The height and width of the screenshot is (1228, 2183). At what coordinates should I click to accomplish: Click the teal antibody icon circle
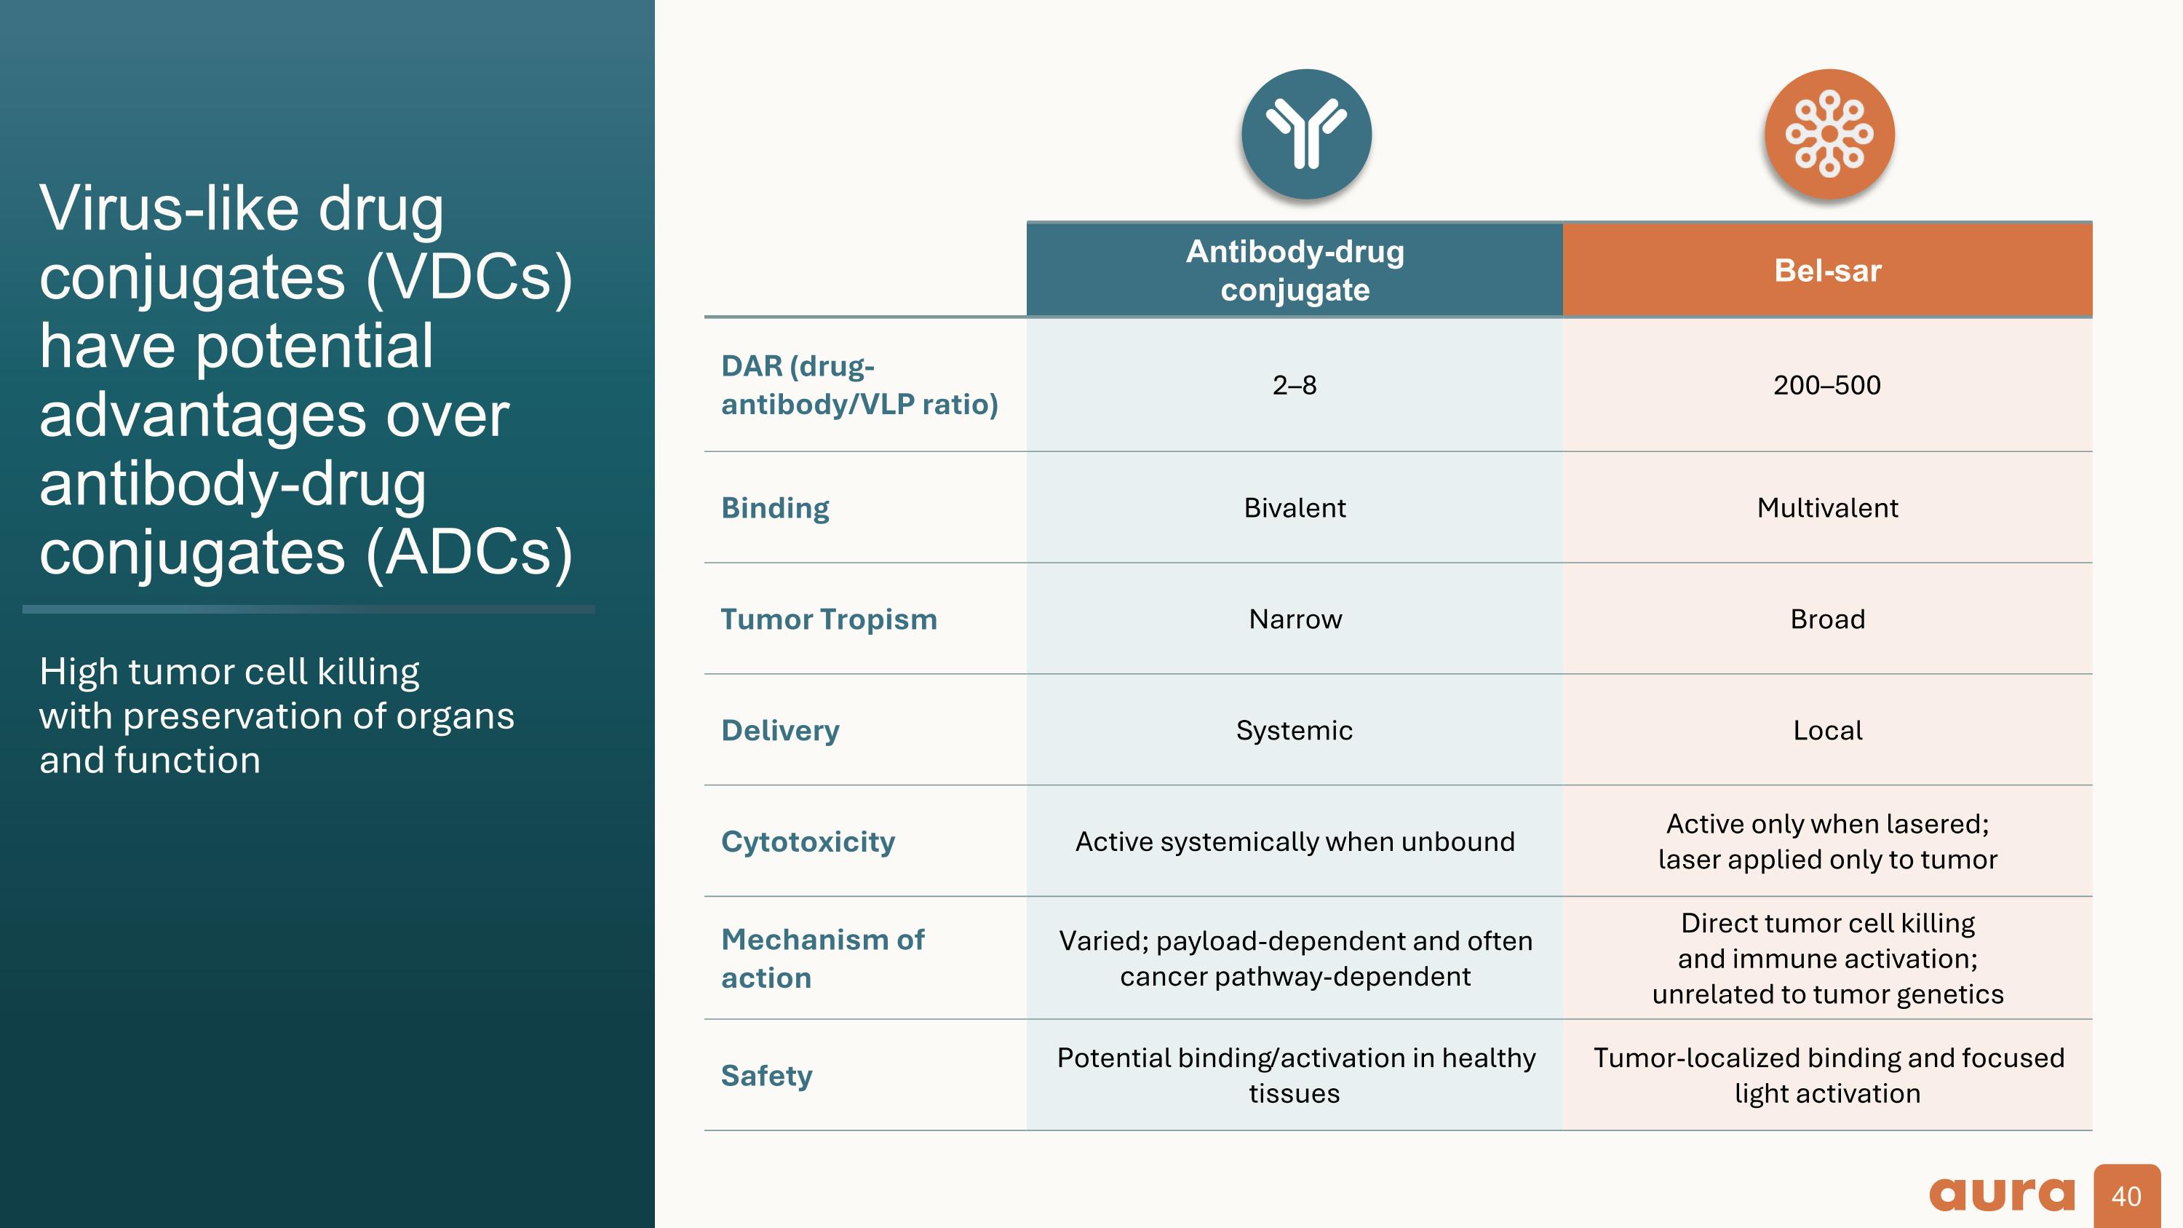click(x=1306, y=134)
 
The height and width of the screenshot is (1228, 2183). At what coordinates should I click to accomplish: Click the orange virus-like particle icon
click(x=1829, y=134)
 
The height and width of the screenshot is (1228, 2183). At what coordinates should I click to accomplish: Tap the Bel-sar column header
click(x=1827, y=270)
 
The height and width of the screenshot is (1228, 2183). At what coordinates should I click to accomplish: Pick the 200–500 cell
click(x=1827, y=386)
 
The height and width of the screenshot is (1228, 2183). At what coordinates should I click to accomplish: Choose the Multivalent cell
click(x=1827, y=507)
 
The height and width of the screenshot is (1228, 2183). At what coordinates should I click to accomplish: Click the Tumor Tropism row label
click(x=829, y=619)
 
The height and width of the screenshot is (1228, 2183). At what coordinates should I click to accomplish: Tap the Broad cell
click(x=1827, y=619)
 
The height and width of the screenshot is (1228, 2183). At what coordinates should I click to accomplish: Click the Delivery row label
click(x=779, y=731)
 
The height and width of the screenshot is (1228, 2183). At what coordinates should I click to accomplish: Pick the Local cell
click(x=1827, y=731)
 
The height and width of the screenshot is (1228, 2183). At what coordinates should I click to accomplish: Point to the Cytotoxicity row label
click(x=808, y=841)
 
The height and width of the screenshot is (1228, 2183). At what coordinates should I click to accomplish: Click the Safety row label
click(x=766, y=1075)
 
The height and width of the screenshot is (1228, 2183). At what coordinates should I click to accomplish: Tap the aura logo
click(x=2002, y=1195)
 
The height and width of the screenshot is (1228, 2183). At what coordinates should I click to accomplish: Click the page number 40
click(x=2126, y=1197)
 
